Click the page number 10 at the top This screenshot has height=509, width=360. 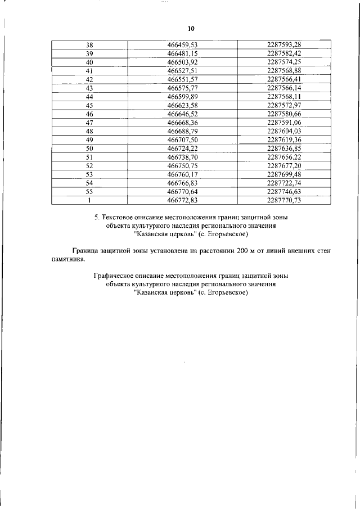pos(191,29)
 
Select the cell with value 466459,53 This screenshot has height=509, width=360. pos(183,45)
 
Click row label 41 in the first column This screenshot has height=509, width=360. pos(89,71)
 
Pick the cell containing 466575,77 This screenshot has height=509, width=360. pos(183,88)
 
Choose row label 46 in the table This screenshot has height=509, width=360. pos(89,114)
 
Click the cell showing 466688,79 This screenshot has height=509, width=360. pos(183,131)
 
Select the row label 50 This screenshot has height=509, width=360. pos(89,148)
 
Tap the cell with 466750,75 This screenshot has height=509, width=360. pos(183,166)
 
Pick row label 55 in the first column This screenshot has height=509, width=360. pos(89,191)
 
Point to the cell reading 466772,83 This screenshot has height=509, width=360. pos(183,200)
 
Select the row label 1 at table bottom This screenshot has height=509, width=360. pos(89,200)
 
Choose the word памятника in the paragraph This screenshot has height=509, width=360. pos(68,260)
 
